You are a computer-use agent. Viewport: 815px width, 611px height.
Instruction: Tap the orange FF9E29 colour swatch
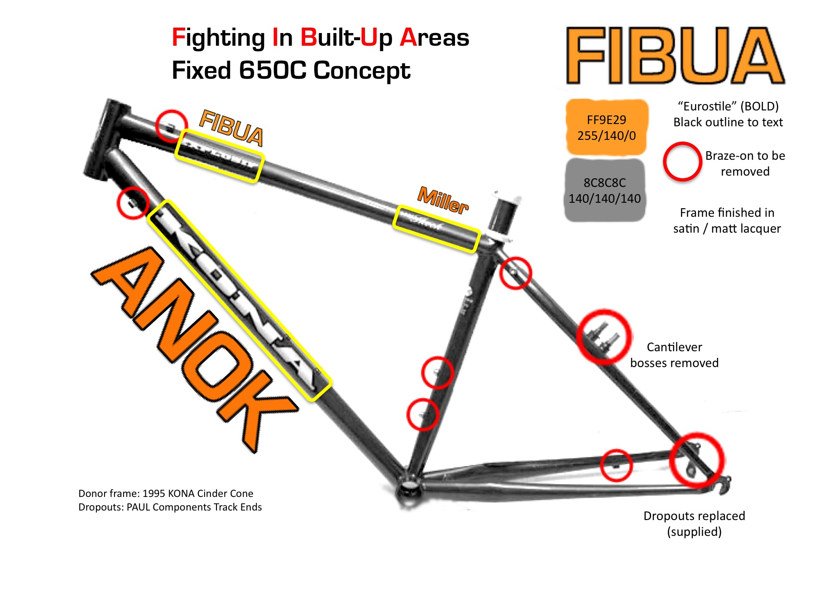[606, 128]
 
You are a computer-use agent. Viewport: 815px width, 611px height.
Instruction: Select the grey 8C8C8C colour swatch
[605, 190]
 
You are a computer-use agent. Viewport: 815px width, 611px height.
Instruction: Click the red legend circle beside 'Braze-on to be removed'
[682, 162]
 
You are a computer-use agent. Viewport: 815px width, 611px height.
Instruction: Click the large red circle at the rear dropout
[697, 459]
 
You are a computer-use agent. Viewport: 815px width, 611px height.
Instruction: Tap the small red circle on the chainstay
[616, 465]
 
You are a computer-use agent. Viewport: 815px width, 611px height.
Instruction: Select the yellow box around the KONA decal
[240, 301]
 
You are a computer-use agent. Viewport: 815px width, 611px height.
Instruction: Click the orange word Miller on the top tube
[443, 200]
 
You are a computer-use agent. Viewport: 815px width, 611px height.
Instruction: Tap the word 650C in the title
[273, 71]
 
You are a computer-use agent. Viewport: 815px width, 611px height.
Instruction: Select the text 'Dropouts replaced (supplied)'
[694, 524]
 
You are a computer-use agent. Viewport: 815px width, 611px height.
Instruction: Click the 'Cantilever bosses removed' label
[674, 355]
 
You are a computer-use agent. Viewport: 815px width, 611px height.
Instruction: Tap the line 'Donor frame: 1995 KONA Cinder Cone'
[166, 493]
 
